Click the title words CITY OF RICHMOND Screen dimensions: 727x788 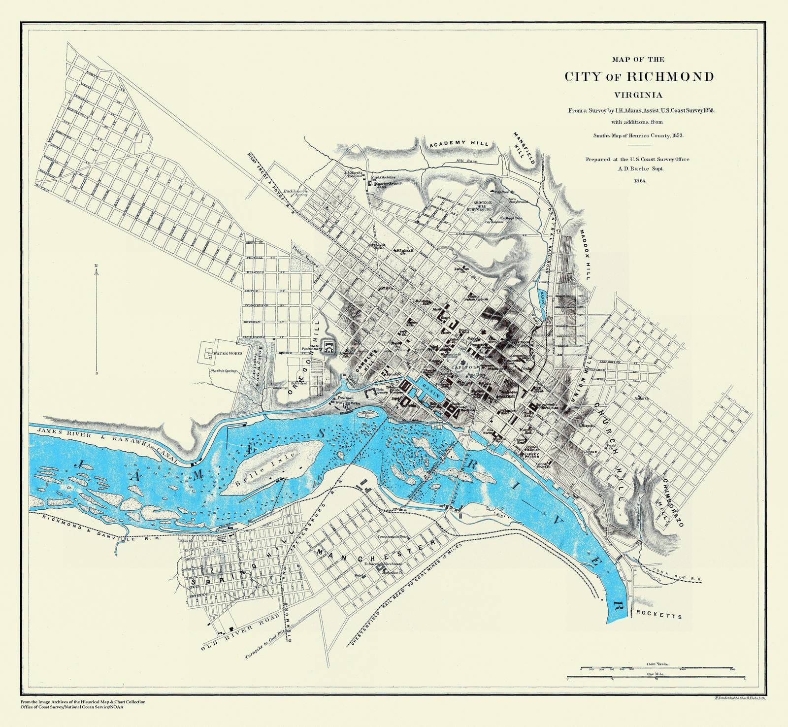point(639,77)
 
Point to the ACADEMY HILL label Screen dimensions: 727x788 point(459,143)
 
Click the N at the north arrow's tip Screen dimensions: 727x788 point(97,266)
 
